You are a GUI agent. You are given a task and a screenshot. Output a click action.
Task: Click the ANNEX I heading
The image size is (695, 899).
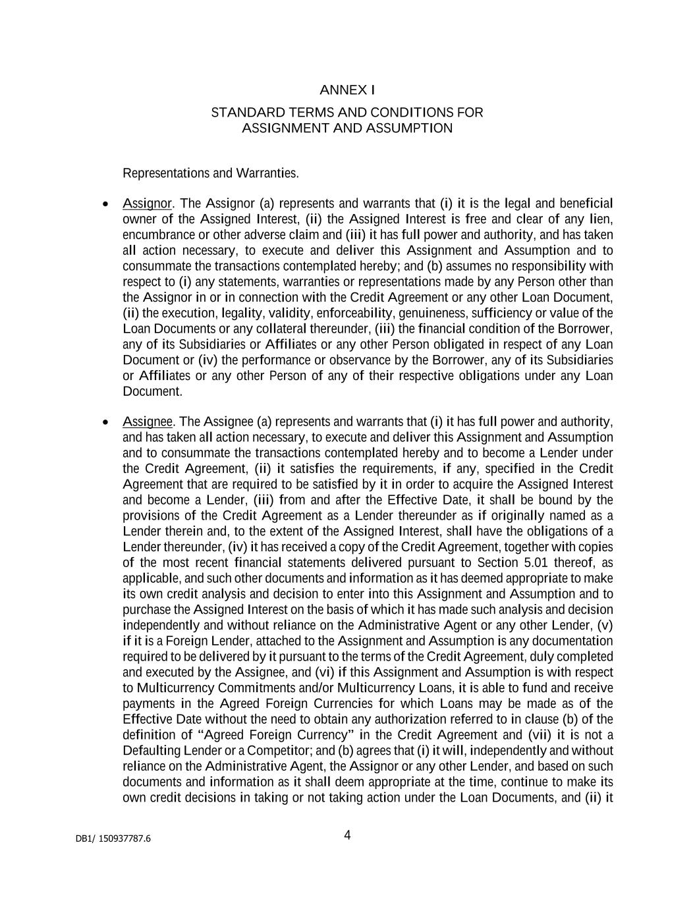click(x=347, y=90)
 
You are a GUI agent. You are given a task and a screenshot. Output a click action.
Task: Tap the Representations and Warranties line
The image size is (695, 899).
click(x=211, y=173)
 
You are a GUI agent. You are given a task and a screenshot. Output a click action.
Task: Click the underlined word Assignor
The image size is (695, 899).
click(x=147, y=203)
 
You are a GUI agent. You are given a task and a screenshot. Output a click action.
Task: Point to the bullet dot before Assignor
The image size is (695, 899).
click(x=105, y=204)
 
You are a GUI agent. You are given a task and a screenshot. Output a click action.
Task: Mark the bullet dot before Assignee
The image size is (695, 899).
click(x=105, y=422)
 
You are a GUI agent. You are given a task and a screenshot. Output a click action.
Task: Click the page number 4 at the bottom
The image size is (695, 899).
click(x=347, y=835)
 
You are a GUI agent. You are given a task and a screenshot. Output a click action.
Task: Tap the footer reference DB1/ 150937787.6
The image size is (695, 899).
click(x=113, y=838)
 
